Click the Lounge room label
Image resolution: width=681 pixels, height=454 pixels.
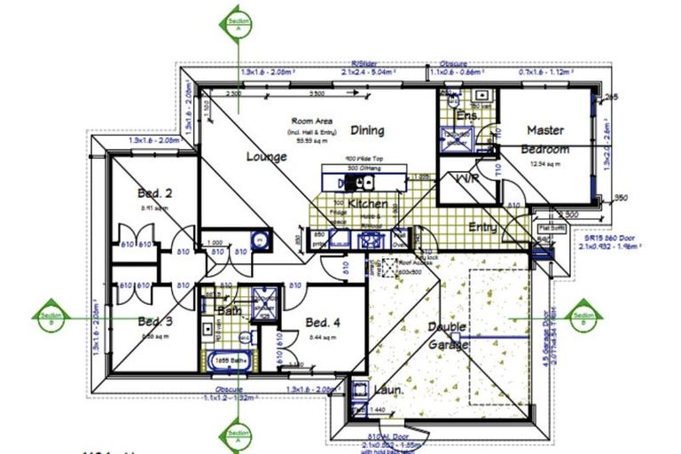[x=266, y=157]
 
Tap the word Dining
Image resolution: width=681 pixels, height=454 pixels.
[x=366, y=130]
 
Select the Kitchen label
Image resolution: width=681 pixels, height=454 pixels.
[x=367, y=204]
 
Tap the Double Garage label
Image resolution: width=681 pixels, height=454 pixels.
[x=448, y=334]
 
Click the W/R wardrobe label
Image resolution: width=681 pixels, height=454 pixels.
[x=467, y=178]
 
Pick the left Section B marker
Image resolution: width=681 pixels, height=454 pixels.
[x=51, y=315]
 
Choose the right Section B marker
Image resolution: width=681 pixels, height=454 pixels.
[x=583, y=315]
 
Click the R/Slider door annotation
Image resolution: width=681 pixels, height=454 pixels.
[x=364, y=63]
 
